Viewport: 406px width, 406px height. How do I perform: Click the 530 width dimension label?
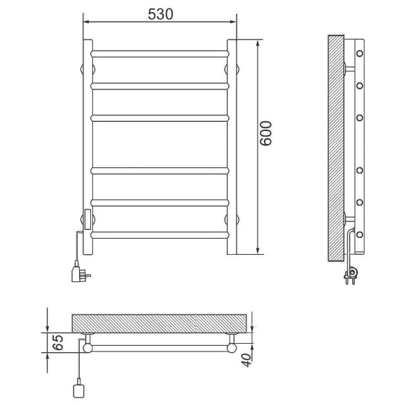[x=160, y=14]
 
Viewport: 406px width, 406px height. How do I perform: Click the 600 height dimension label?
[x=266, y=133]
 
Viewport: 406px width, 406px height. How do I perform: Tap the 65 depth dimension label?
[x=59, y=342]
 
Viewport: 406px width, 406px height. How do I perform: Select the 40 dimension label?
[x=246, y=360]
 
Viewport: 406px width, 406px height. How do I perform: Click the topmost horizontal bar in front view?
[x=160, y=54]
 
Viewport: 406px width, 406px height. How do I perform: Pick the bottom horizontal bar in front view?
[x=160, y=235]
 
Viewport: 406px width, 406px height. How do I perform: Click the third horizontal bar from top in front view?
[x=160, y=118]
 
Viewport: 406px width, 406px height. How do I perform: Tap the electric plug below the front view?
[x=80, y=273]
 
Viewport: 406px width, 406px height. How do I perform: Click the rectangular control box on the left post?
[x=87, y=219]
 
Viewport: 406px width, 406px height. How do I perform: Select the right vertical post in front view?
[x=232, y=147]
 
